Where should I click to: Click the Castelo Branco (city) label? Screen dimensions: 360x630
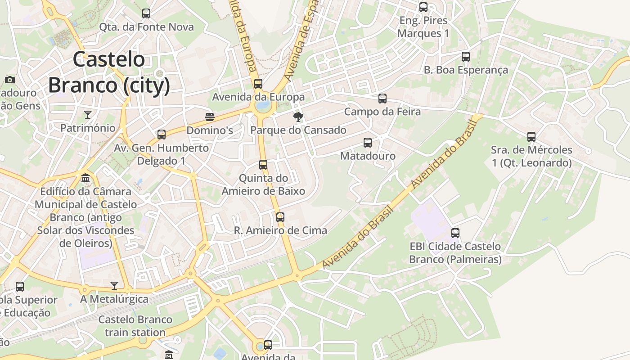109,72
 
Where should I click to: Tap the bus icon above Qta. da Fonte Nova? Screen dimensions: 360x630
146,13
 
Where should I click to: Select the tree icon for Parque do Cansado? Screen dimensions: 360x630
298,117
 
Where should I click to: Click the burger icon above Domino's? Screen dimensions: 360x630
209,117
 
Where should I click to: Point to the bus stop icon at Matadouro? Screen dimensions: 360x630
368,143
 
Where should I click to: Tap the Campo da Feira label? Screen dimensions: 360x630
382,112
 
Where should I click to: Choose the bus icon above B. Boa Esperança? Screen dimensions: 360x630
466,57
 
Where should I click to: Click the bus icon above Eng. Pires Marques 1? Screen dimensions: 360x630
423,7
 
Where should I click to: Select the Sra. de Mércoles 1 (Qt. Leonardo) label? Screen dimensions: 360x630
531,156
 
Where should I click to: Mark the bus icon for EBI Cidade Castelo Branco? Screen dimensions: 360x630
455,233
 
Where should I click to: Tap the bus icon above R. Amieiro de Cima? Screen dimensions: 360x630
280,217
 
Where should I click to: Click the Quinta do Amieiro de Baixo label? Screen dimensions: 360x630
263,184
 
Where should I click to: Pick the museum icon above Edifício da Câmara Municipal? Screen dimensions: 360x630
85,178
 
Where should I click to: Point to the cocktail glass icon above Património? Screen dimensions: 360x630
88,115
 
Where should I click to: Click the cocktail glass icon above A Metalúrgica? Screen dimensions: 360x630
114,286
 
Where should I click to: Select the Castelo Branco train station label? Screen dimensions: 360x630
135,326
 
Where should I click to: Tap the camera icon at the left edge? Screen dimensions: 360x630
10,80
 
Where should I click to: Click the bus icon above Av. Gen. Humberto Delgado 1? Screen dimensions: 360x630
162,135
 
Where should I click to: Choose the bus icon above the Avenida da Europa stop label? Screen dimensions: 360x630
258,84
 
